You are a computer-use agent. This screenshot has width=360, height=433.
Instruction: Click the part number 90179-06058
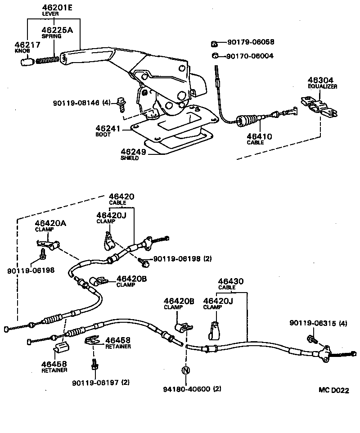[250, 43]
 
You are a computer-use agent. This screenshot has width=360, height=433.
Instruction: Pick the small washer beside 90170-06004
[215, 56]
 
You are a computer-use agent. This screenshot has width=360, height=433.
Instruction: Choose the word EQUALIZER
[322, 86]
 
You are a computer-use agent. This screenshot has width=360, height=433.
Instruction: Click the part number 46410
[259, 136]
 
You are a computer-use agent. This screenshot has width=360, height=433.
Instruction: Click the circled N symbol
[185, 370]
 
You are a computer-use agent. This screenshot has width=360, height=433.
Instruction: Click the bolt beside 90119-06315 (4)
[310, 338]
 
